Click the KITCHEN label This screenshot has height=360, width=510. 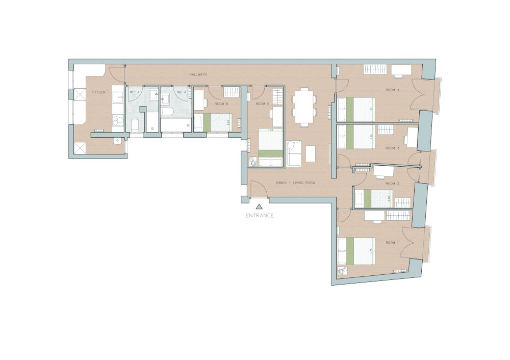pyautogui.click(x=98, y=92)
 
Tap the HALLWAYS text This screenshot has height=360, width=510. pyautogui.click(x=198, y=75)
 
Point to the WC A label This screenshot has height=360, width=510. pyautogui.click(x=182, y=92)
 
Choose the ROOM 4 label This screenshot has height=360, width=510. pyautogui.click(x=392, y=90)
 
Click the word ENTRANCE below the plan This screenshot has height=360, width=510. pyautogui.click(x=260, y=216)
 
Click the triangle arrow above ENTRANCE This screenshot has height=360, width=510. pyautogui.click(x=259, y=207)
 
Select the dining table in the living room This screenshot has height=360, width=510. pyautogui.click(x=304, y=107)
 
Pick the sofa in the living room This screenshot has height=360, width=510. pyautogui.click(x=294, y=153)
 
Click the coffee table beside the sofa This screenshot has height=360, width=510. pyautogui.click(x=311, y=153)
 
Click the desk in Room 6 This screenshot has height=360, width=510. pyautogui.click(x=199, y=100)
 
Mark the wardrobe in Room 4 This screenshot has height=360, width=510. pyautogui.click(x=374, y=69)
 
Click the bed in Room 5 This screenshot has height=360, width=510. pyautogui.click(x=270, y=148)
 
